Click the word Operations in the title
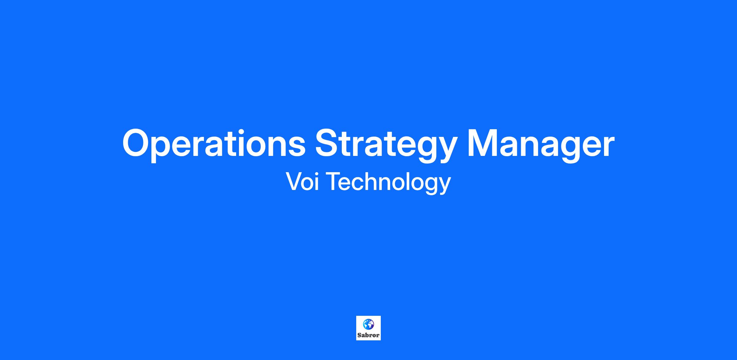[214, 145]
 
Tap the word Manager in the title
[541, 145]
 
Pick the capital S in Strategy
[328, 143]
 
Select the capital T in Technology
[333, 181]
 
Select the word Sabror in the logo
[368, 335]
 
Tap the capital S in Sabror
[359, 335]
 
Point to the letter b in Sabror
[367, 335]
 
